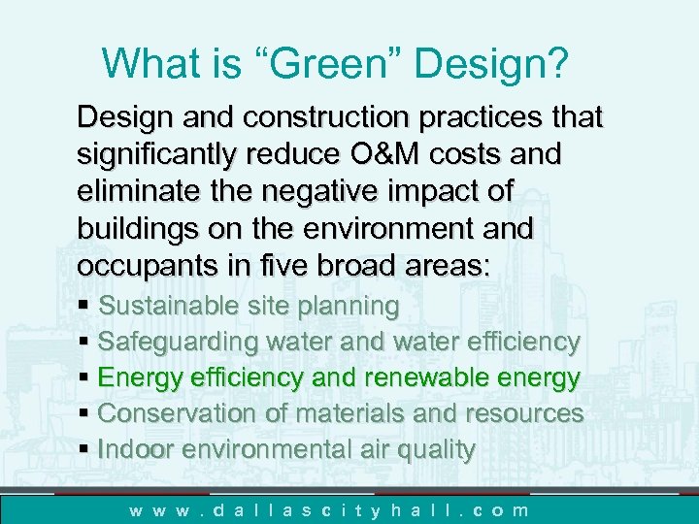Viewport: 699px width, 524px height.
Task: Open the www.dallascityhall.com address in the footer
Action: (330, 509)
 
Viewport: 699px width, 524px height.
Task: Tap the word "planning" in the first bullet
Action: (349, 306)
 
